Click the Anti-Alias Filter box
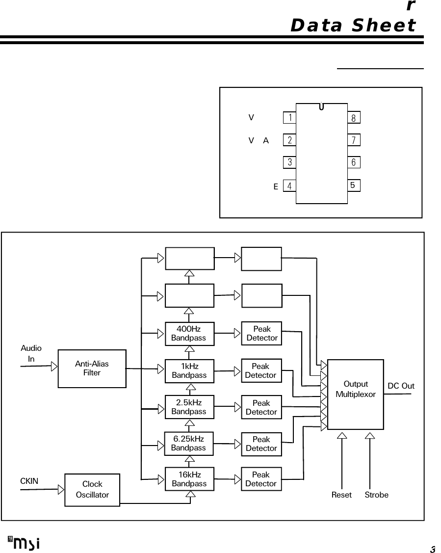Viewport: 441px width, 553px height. pos(92,369)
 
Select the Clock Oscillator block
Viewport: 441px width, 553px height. pos(92,490)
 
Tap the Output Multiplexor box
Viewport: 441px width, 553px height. pos(356,394)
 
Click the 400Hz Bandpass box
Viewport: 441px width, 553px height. pos(189,333)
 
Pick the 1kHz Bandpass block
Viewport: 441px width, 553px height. pos(189,370)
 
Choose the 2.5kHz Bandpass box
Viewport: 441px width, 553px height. pos(189,407)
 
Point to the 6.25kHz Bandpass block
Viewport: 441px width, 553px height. pos(189,444)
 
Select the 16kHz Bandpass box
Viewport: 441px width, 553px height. pos(189,479)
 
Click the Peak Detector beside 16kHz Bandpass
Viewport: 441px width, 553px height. pos(261,479)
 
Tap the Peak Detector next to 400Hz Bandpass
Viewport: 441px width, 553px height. pos(261,333)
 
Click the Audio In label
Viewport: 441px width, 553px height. pos(31,353)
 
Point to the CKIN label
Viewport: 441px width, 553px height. pos(29,481)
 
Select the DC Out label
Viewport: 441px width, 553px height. pos(401,386)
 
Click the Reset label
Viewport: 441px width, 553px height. pos(341,495)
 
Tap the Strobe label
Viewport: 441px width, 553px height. pos(376,495)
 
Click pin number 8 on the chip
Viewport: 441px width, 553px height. pos(354,118)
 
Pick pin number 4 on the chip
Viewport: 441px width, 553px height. pos(290,186)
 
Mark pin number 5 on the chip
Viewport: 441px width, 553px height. pos(354,185)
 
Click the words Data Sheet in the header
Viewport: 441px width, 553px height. pos(353,25)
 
